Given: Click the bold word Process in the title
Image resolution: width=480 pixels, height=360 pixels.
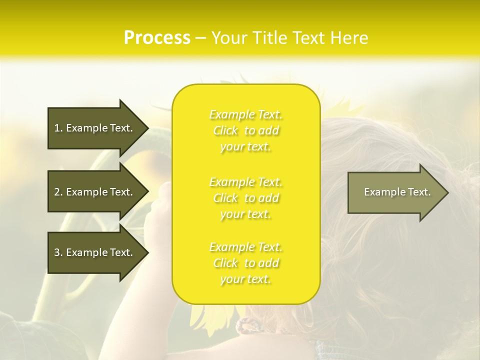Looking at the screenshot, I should click(x=157, y=37).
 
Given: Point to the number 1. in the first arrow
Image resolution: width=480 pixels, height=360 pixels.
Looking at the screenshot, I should click(x=58, y=128).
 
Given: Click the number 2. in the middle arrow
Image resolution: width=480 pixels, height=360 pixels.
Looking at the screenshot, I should click(x=58, y=192).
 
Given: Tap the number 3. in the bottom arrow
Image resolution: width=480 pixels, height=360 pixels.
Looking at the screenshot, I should click(x=58, y=252).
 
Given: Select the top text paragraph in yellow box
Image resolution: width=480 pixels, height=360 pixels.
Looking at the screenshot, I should click(x=245, y=130).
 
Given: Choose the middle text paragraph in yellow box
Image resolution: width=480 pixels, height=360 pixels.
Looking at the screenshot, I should click(x=245, y=198).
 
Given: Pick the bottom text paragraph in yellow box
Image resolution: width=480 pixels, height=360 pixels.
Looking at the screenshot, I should click(x=245, y=263).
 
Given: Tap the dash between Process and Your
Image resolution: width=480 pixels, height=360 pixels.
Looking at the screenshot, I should click(x=201, y=38).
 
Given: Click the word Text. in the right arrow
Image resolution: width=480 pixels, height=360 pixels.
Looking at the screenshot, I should click(x=419, y=192).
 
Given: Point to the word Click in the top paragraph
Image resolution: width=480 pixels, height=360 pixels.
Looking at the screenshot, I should click(x=225, y=130).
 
